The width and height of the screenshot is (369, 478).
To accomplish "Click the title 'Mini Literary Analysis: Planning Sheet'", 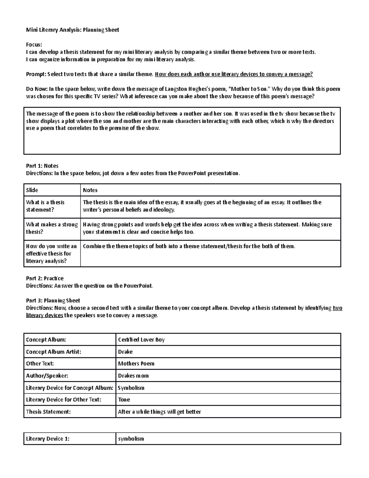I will (x=72, y=30).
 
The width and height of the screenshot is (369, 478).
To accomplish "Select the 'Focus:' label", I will (x=34, y=45).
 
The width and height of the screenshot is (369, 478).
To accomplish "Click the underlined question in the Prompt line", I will (x=234, y=74).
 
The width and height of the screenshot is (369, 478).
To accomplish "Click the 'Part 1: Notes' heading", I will (x=42, y=166).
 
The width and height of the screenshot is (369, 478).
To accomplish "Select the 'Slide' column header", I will (x=32, y=190).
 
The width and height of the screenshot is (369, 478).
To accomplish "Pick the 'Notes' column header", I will (x=90, y=190).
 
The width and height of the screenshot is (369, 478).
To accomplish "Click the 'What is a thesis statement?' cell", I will (x=46, y=206).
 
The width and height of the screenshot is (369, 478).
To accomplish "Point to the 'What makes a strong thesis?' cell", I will (x=52, y=228).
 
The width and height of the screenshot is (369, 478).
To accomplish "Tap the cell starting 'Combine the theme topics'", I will (x=189, y=246).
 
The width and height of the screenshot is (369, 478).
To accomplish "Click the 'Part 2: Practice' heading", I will (x=45, y=278).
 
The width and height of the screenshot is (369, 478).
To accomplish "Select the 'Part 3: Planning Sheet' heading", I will (x=53, y=300).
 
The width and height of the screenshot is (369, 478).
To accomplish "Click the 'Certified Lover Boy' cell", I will (x=141, y=340).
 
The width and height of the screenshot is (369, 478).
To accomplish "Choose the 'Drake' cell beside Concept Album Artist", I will (x=125, y=352).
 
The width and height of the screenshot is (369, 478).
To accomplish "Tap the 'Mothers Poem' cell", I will (x=136, y=364).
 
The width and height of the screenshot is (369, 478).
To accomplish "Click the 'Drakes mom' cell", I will (x=133, y=376).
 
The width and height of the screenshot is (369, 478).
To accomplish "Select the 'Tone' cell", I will (x=124, y=400).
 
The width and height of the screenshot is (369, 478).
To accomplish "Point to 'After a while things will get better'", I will (x=159, y=412).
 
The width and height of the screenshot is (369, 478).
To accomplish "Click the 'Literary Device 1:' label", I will (x=48, y=439).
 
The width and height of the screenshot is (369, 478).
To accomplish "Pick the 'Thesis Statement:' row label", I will (x=48, y=412).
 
